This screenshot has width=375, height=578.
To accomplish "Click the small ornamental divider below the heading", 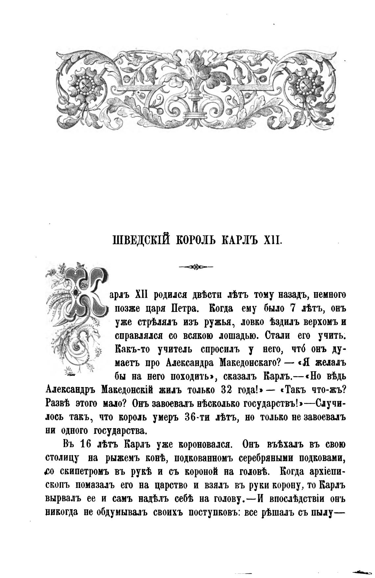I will [196, 267].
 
